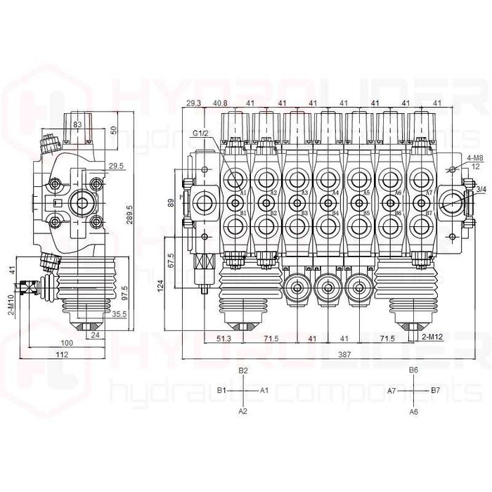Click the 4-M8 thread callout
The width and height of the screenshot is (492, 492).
(x=472, y=158)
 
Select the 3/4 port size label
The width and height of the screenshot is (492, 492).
(x=480, y=189)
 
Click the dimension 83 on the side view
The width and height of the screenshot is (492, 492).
(x=77, y=124)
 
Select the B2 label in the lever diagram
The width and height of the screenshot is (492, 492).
(x=243, y=370)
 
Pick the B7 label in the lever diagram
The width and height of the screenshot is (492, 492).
(x=435, y=389)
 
